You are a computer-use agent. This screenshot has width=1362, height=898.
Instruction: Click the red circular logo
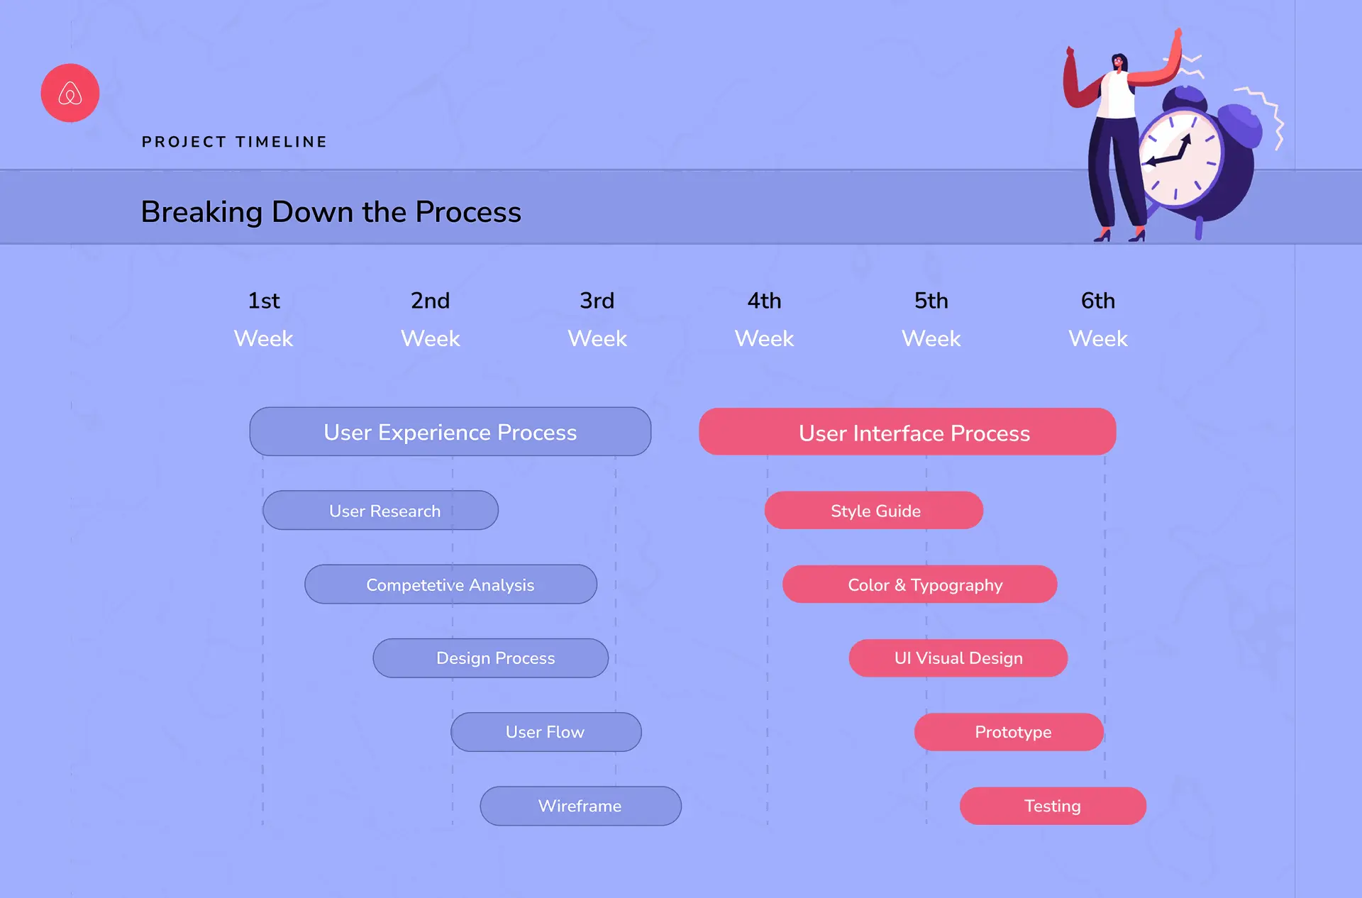coord(70,93)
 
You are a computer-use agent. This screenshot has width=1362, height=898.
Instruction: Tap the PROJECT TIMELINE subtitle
coord(235,142)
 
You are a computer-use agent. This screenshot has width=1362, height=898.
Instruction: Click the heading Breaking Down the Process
coord(331,212)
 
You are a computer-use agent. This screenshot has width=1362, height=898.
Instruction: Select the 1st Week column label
coord(264,319)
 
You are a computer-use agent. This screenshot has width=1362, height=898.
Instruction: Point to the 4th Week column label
coord(764,319)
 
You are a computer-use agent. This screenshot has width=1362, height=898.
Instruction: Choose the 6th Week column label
coord(1098,319)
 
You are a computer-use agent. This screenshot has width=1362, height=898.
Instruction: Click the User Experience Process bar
coord(450,431)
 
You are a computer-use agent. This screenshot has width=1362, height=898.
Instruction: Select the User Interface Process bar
coord(907,431)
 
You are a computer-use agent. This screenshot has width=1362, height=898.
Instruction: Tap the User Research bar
coord(381,510)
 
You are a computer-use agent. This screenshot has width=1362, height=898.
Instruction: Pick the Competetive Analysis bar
coord(451,584)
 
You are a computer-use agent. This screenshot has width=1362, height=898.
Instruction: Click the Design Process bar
coord(491,658)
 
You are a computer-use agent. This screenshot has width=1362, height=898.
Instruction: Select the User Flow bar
coord(546,732)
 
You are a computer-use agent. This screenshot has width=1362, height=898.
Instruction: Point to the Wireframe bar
coord(581,806)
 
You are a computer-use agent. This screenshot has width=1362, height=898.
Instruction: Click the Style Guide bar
coord(874,510)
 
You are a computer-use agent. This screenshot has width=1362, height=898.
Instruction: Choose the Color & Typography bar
coord(920,584)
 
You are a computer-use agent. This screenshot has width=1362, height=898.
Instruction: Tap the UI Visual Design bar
coord(958,658)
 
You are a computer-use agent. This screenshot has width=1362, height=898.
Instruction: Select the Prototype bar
coord(1009,732)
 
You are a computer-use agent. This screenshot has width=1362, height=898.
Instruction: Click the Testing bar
coord(1053,806)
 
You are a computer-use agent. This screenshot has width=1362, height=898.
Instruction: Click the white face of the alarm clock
coord(1180,157)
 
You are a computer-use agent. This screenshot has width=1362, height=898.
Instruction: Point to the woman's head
coord(1118,62)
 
